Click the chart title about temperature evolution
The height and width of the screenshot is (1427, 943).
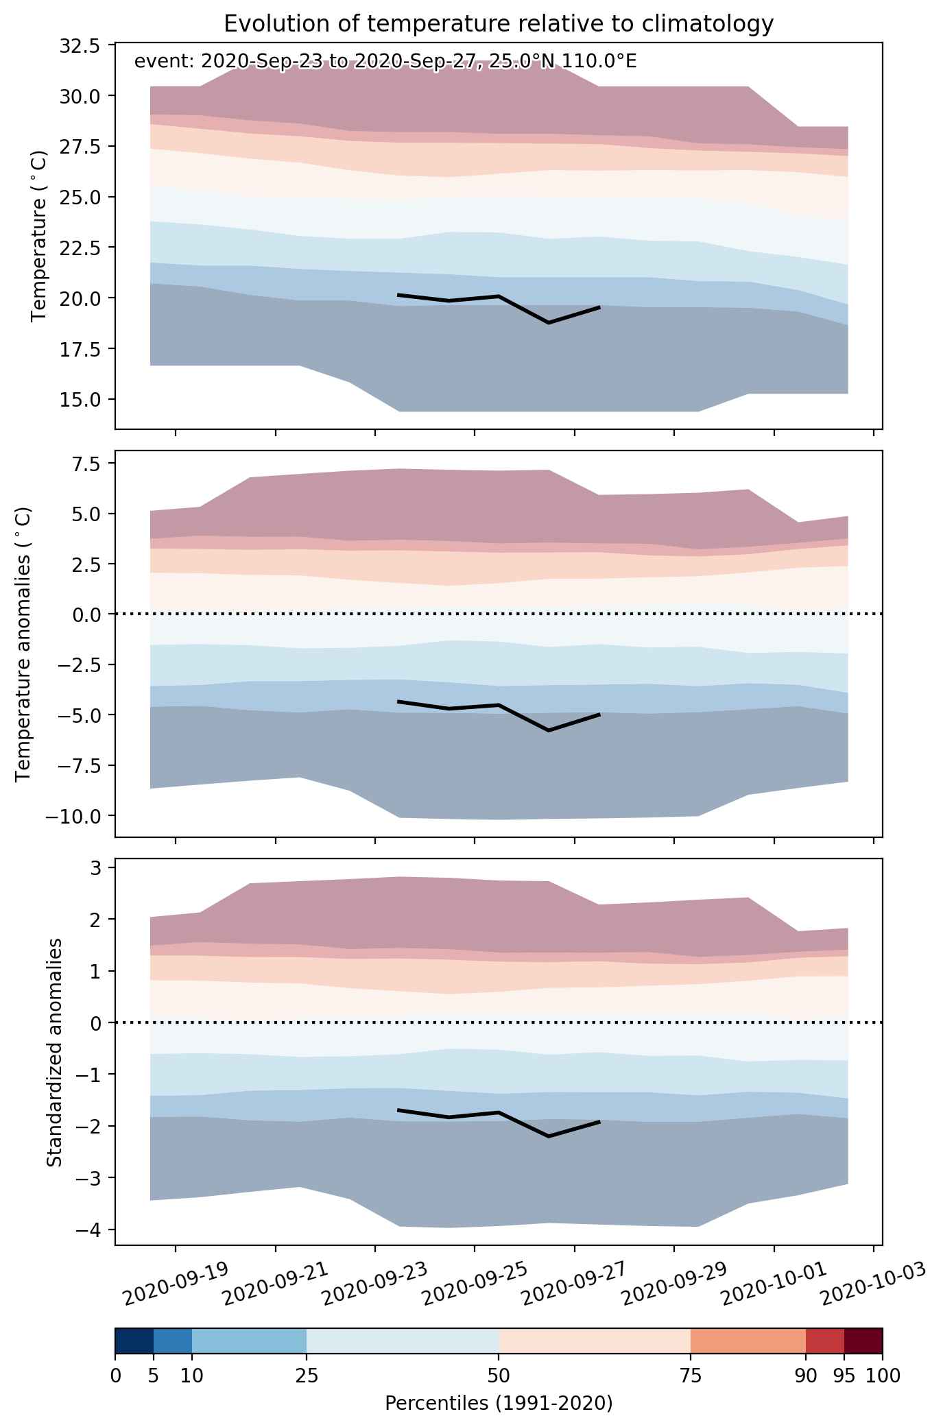coord(499,23)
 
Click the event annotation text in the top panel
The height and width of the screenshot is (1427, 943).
coord(385,62)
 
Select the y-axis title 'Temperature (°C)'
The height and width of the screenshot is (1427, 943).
coord(39,235)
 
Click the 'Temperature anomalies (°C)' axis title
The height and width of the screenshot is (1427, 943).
coord(23,643)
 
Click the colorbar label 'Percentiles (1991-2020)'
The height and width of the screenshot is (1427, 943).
coord(499,1402)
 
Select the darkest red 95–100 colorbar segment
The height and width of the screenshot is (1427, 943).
coord(863,1341)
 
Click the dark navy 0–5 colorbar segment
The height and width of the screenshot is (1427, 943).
coord(134,1341)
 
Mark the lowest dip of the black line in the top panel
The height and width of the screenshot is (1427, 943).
coord(549,322)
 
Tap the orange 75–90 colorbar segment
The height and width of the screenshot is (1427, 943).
coord(748,1341)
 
